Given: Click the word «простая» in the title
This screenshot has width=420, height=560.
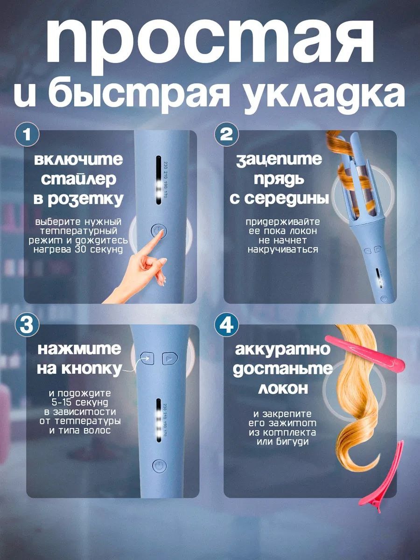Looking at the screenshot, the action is pyautogui.click(x=210, y=42).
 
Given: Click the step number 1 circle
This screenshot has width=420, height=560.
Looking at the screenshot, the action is pyautogui.click(x=27, y=134).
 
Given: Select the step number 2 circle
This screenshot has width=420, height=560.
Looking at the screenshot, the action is pyautogui.click(x=227, y=134).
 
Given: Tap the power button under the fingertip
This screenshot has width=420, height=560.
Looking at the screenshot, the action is pyautogui.click(x=159, y=231).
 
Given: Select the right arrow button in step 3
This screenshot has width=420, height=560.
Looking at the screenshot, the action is pyautogui.click(x=169, y=359).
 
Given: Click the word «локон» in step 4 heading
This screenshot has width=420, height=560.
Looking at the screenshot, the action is pyautogui.click(x=283, y=388).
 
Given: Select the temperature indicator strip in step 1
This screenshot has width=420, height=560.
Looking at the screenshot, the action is pyautogui.click(x=159, y=181).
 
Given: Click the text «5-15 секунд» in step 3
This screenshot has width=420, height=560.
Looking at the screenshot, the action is pyautogui.click(x=80, y=403).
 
